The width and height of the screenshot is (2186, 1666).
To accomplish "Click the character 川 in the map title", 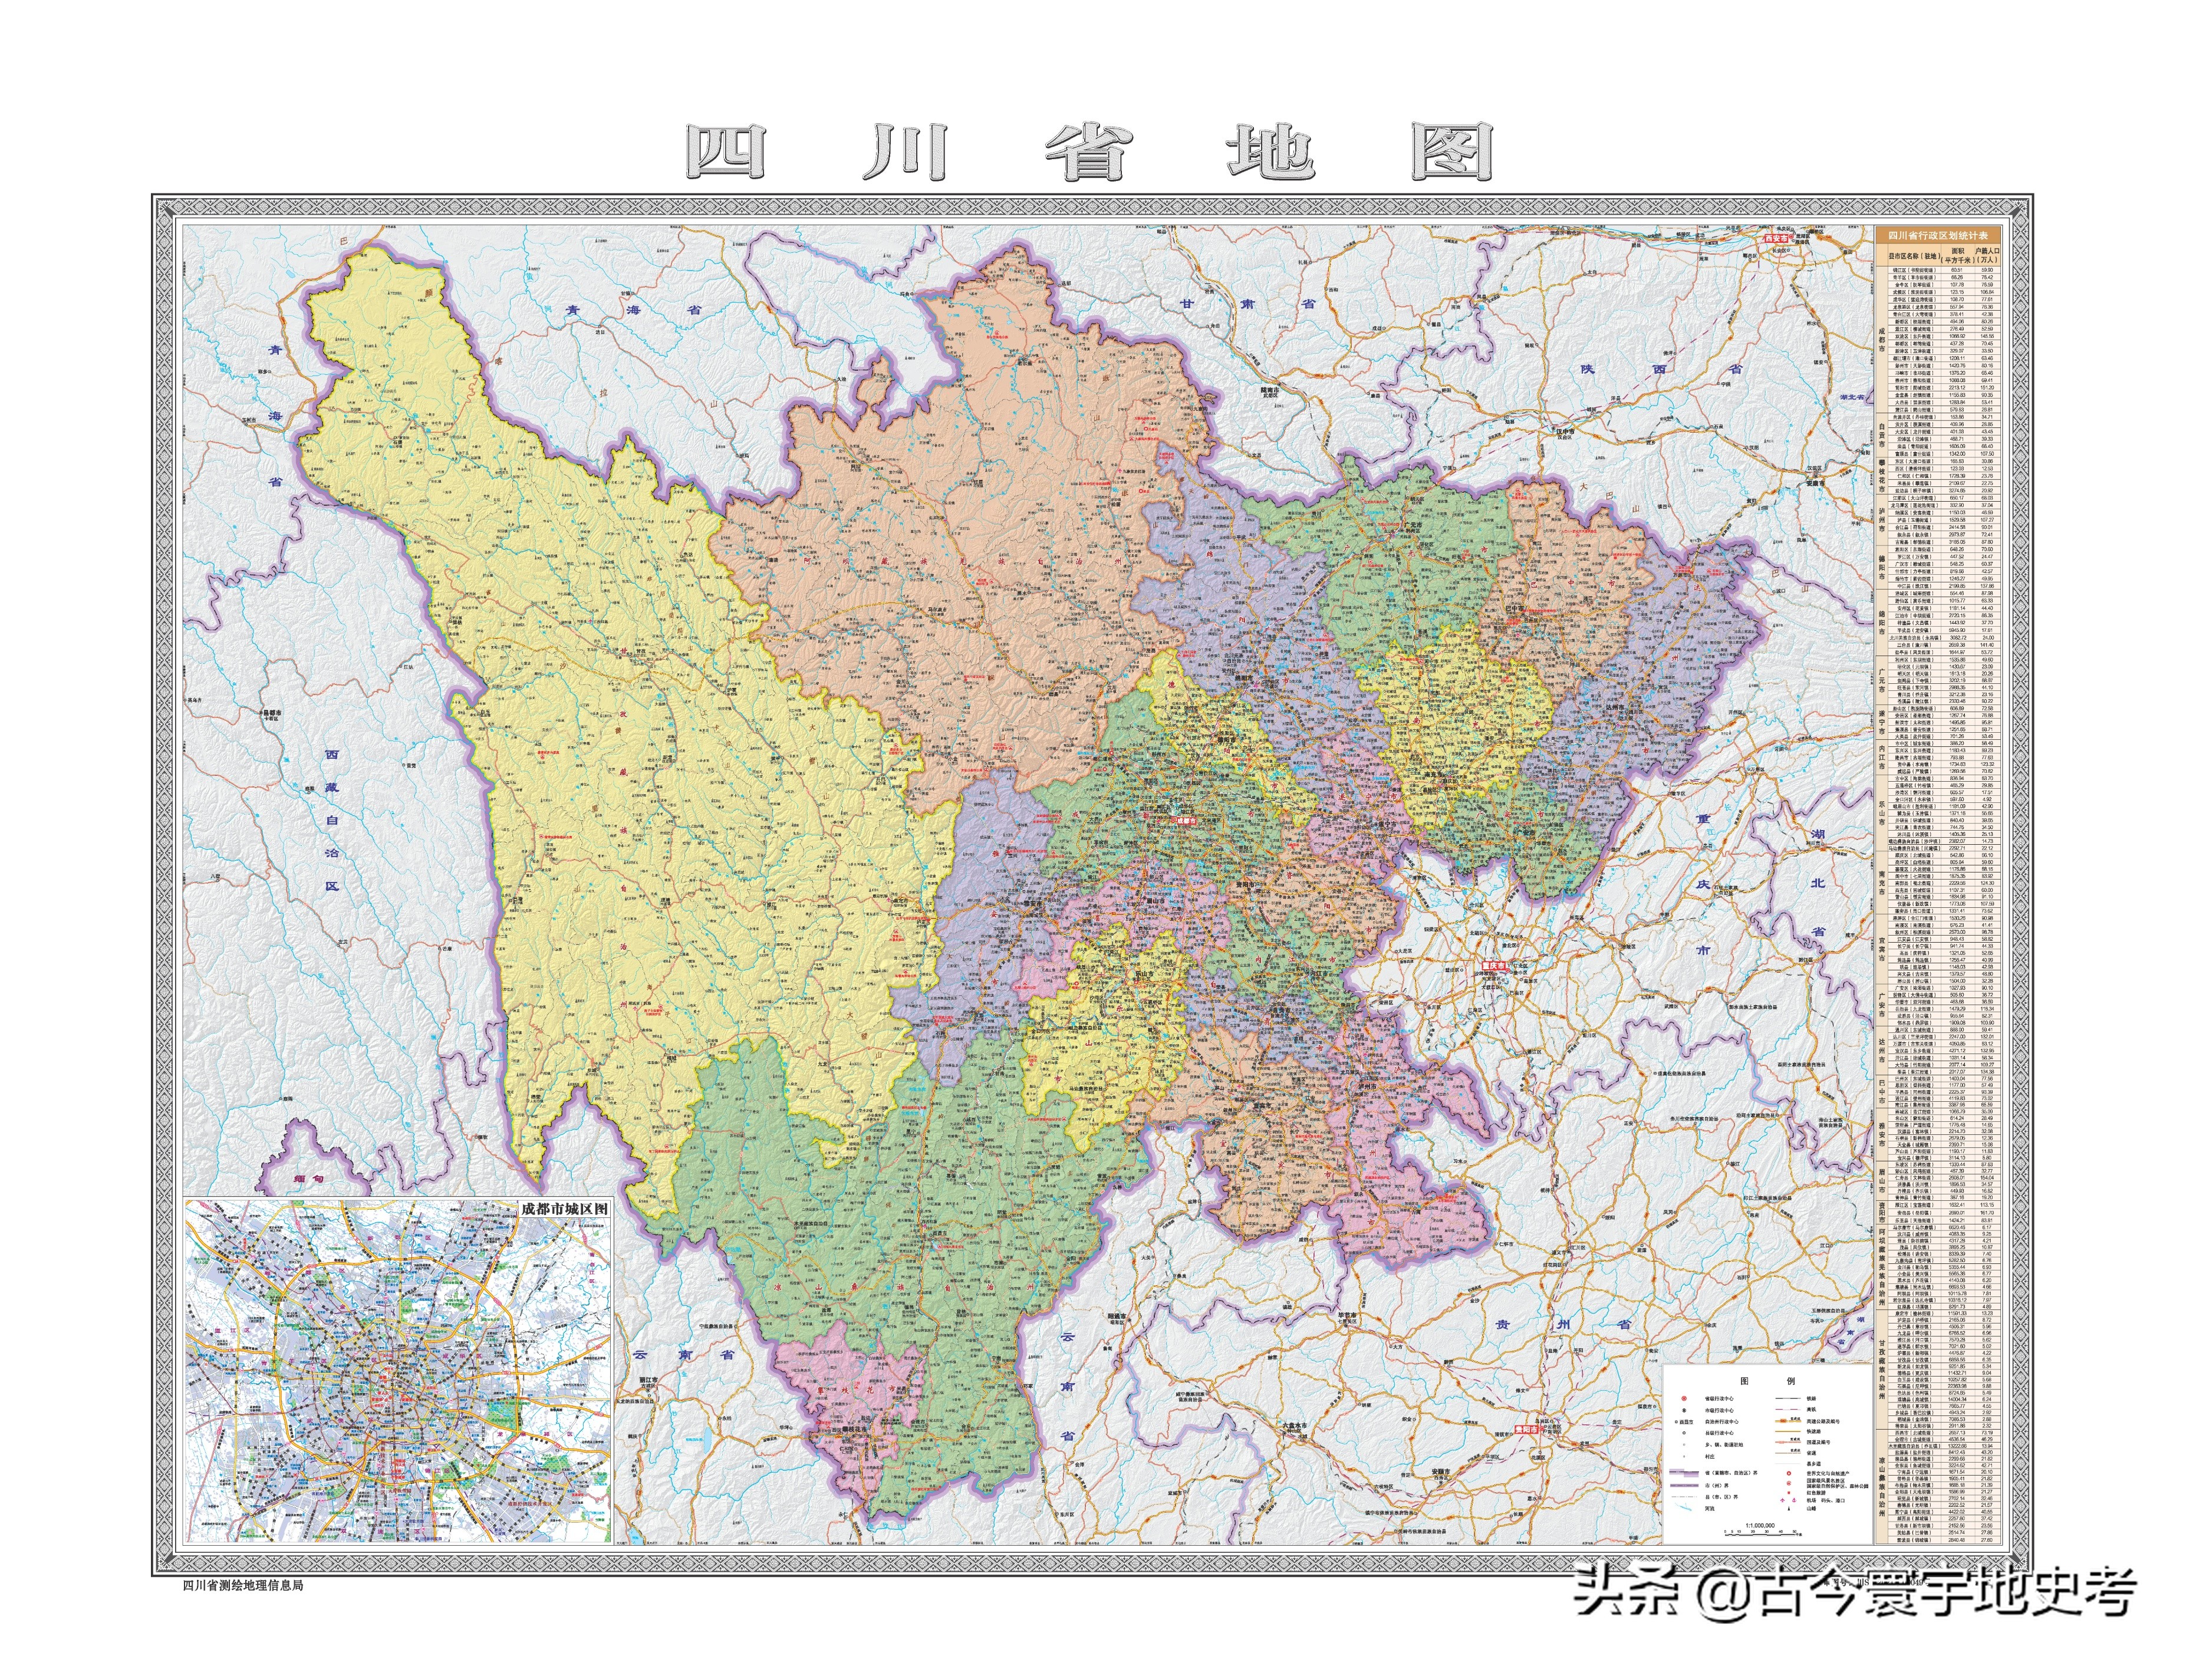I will [904, 154].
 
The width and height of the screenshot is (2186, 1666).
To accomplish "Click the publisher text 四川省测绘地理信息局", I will [243, 1585].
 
